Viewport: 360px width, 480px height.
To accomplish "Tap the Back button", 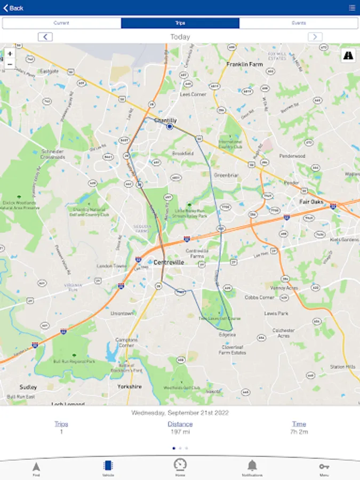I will point(13,8).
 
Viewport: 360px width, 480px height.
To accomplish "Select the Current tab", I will point(61,23).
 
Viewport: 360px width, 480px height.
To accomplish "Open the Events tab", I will point(299,23).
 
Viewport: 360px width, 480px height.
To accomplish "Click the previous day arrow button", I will point(45,37).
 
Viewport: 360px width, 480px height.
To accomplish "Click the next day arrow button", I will point(315,37).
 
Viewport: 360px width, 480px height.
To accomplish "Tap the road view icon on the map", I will point(348,55).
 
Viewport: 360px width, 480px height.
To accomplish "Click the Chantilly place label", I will point(165,121).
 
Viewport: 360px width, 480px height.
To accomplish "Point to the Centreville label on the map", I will point(169,262).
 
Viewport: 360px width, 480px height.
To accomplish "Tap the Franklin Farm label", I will point(245,65).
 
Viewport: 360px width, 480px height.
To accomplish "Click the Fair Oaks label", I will point(311,202).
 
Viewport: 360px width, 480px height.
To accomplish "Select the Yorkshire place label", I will point(129,386).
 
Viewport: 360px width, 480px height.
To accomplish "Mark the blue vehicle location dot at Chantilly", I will point(170,127).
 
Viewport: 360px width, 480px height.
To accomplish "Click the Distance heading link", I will point(180,424).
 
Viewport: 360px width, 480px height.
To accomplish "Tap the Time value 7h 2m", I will point(299,431).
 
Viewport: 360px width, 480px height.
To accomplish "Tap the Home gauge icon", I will point(180,465).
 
